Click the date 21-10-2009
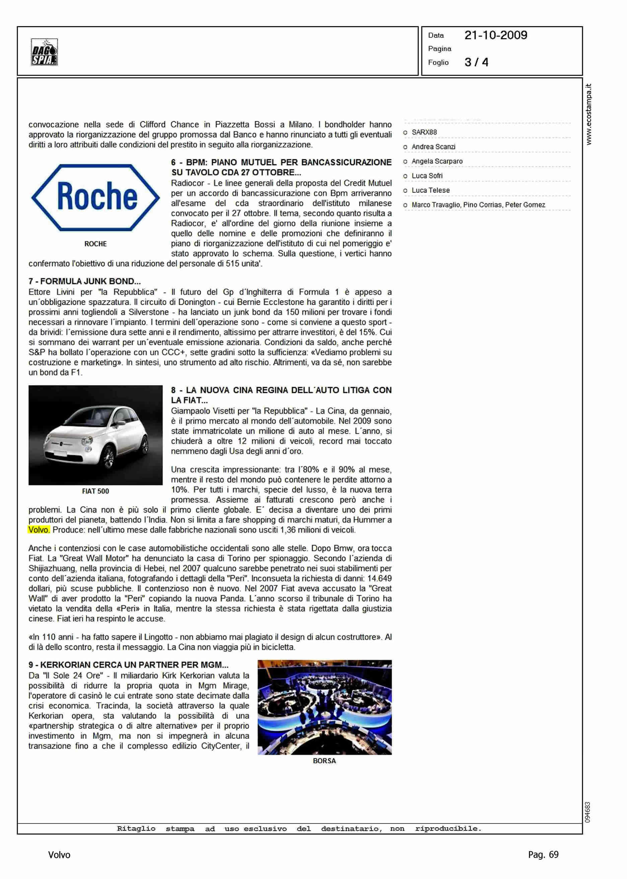coord(495,35)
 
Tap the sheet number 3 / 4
coord(476,62)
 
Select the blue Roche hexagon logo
coord(95,197)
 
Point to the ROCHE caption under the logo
coord(95,244)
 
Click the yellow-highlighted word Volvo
coord(39,530)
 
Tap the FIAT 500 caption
coord(95,491)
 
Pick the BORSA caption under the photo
coord(324,761)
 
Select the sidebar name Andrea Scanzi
coord(433,147)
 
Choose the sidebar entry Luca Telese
coord(430,190)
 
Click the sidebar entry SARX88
coord(424,132)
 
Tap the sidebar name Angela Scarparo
coord(437,161)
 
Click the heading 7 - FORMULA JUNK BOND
coord(84,281)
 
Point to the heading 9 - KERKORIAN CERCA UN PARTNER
coord(128,665)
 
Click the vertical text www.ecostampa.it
coord(588,114)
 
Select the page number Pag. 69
coord(543,855)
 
